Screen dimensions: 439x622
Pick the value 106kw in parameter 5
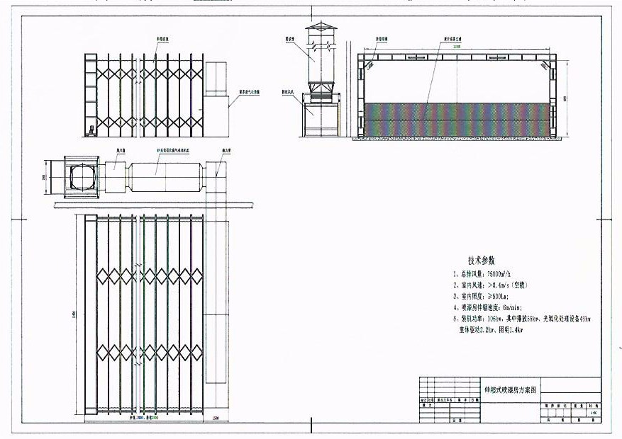click(494, 319)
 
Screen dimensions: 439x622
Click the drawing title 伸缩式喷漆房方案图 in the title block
click(511, 389)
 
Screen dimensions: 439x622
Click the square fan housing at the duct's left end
click(84, 174)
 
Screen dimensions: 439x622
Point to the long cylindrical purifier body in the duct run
click(165, 173)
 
